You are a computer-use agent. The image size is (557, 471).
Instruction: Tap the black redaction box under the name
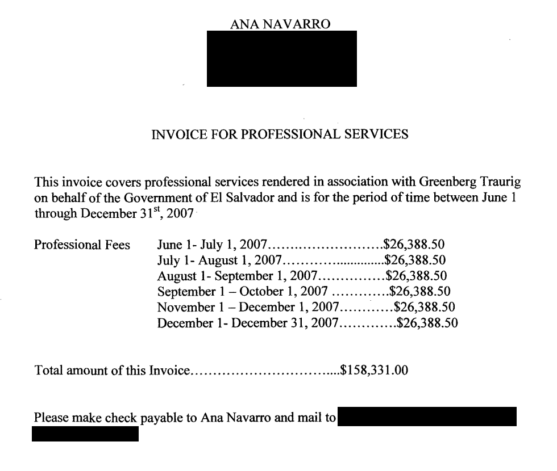281,58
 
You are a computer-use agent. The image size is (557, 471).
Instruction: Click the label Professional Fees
82,246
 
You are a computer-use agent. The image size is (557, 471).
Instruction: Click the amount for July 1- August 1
414,261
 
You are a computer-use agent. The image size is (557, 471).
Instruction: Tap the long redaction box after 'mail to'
427,417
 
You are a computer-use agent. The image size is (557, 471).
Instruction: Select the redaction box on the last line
85,435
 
